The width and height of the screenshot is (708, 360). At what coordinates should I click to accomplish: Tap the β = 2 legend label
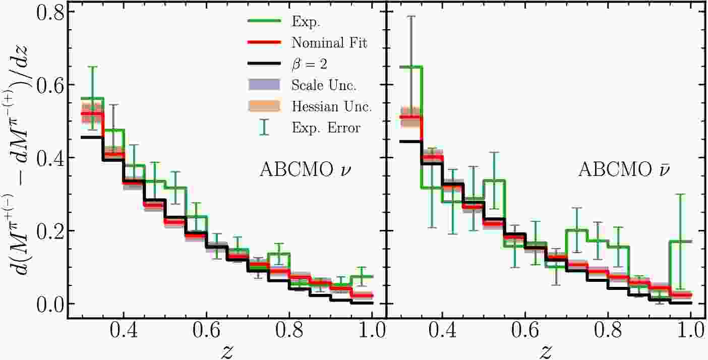coord(311,64)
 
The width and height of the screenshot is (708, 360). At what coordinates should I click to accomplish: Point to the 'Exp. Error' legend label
coord(326,128)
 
